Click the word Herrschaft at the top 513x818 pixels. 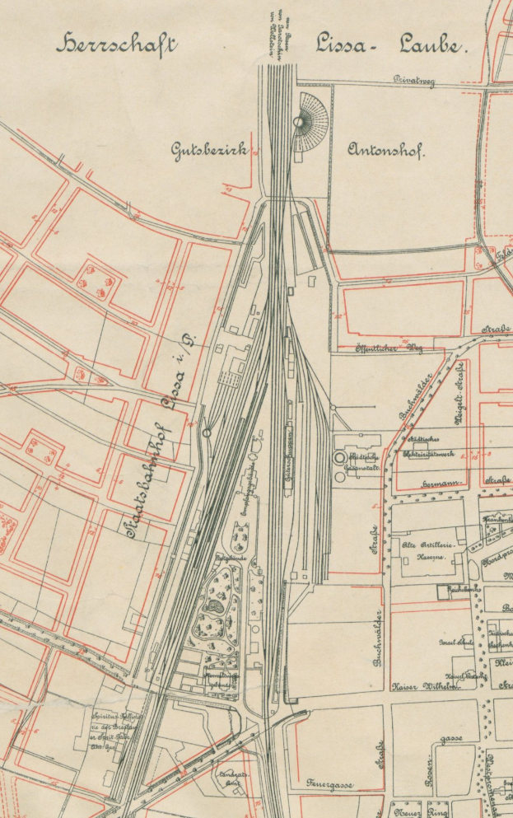click(x=116, y=44)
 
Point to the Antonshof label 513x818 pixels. click(x=385, y=151)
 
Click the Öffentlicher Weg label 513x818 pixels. click(x=389, y=348)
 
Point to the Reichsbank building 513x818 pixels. click(x=444, y=591)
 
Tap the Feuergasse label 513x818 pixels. click(x=330, y=784)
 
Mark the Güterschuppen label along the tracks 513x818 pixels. click(x=289, y=458)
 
